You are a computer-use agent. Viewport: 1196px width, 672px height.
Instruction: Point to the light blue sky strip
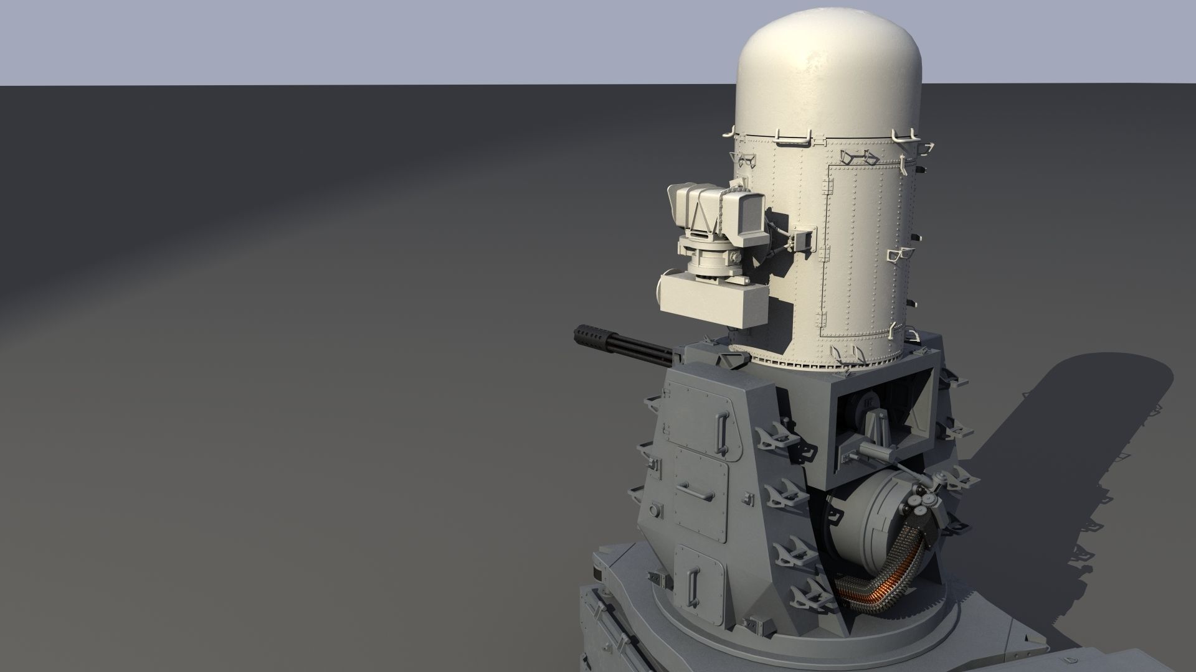(374, 40)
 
